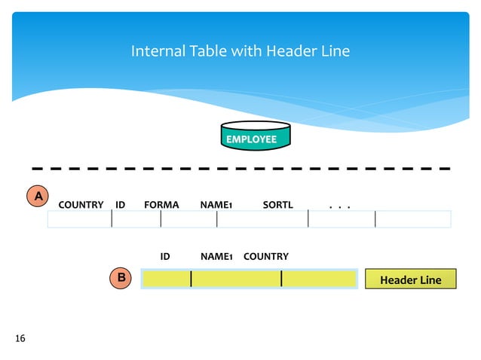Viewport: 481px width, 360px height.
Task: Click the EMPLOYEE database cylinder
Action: point(255,136)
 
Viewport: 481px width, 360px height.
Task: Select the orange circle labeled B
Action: point(120,278)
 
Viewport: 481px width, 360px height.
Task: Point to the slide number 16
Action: point(20,338)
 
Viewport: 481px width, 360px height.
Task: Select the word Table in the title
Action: point(208,52)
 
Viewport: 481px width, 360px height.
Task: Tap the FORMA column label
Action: point(161,205)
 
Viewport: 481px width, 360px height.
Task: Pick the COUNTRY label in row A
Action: point(81,205)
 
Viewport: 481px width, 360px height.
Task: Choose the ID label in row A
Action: point(121,205)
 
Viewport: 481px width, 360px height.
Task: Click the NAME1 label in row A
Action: point(216,205)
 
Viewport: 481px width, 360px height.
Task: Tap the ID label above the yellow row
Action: point(165,257)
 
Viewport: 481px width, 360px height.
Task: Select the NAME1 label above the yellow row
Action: point(216,257)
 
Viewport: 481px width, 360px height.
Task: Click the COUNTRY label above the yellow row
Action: point(265,257)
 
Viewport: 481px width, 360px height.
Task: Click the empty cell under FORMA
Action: point(188,219)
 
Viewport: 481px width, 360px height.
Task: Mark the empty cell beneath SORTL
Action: point(262,219)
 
